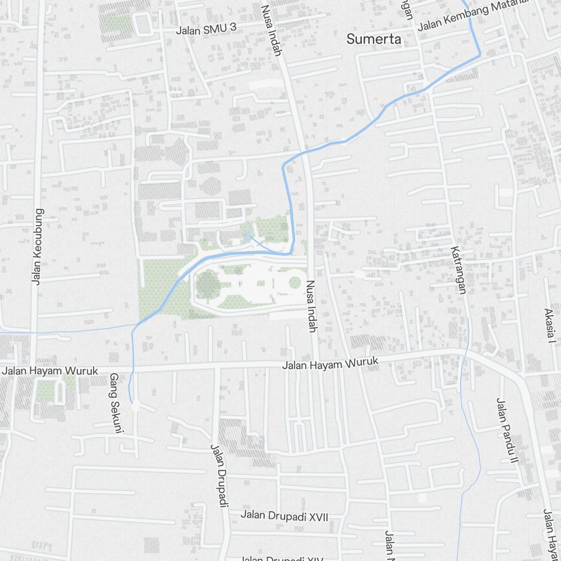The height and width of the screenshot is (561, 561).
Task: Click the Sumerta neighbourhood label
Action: point(374,39)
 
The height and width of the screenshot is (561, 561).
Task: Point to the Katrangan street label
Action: point(458,269)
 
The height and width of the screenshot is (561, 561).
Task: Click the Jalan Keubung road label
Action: point(38,247)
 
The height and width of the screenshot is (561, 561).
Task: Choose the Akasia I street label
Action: point(549,326)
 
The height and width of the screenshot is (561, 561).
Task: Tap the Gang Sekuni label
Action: point(116,403)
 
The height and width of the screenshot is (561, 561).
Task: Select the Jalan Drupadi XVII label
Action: point(284,516)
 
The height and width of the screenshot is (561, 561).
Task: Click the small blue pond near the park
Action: point(247,235)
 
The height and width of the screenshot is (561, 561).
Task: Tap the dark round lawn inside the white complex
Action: point(208,284)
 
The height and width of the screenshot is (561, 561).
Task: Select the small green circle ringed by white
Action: point(295,283)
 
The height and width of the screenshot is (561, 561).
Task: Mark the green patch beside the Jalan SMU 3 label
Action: point(117,22)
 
